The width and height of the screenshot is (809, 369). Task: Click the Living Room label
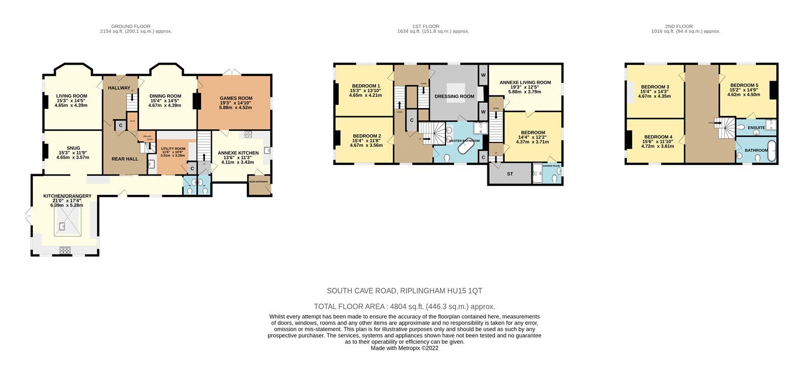(x=71, y=96)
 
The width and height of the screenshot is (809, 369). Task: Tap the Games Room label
(x=236, y=98)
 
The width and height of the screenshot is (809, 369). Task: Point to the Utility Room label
(x=173, y=149)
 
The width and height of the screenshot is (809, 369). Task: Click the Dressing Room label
(x=454, y=96)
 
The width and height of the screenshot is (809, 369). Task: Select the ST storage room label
(x=510, y=174)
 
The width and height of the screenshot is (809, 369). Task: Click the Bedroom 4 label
(x=658, y=137)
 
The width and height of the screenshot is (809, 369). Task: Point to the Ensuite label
(x=756, y=128)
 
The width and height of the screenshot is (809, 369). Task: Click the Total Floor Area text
(x=404, y=306)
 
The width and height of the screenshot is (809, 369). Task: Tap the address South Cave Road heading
(x=404, y=291)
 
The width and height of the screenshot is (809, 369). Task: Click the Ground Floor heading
(x=130, y=26)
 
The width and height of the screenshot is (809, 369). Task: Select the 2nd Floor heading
(x=679, y=26)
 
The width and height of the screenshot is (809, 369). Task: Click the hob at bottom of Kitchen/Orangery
(x=66, y=249)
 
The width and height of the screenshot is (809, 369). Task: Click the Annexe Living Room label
(x=525, y=82)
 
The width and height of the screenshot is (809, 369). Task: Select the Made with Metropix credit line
(x=404, y=348)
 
